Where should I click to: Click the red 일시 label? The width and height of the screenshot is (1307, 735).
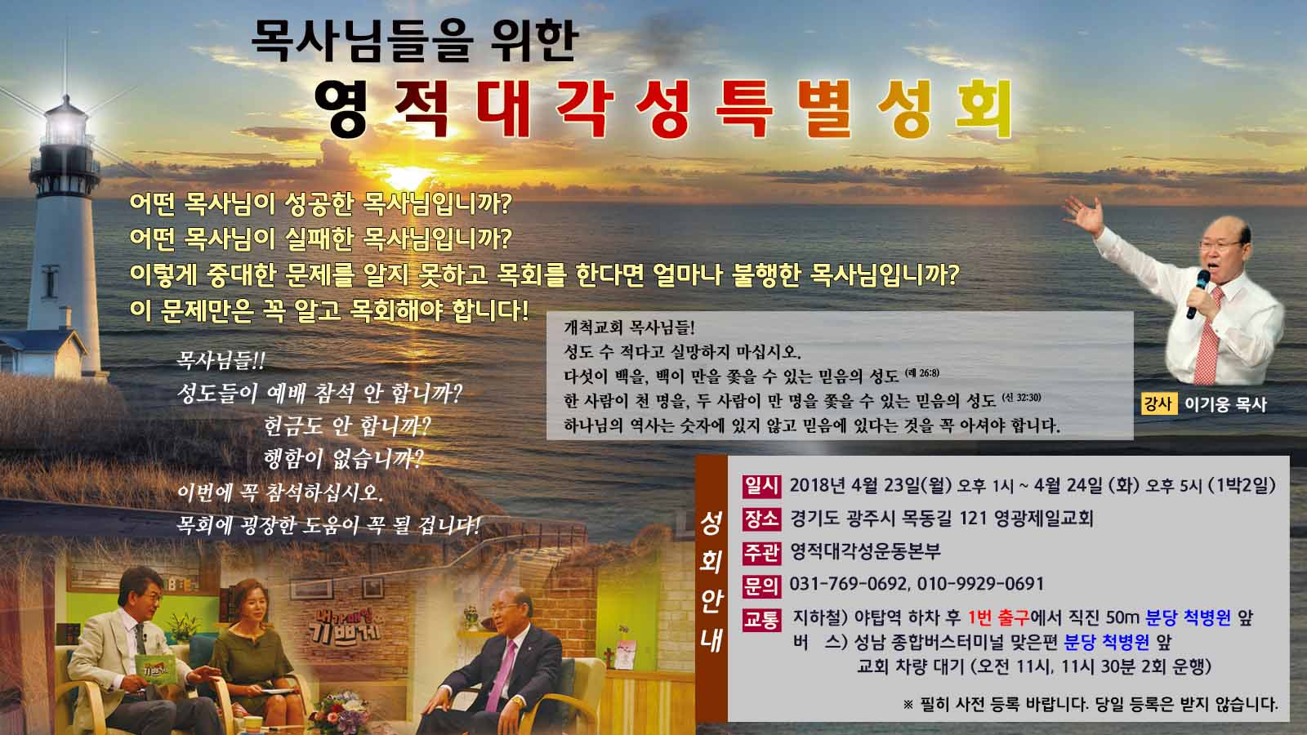(761, 486)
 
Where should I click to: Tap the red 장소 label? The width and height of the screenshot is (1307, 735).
(761, 519)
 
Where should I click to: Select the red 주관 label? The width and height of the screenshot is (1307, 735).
(761, 552)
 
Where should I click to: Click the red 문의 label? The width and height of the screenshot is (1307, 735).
(761, 585)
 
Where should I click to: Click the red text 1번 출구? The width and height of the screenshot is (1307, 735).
(999, 617)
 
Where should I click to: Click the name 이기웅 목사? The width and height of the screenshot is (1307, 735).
(1225, 404)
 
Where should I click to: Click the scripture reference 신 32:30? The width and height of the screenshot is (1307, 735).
(1022, 398)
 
